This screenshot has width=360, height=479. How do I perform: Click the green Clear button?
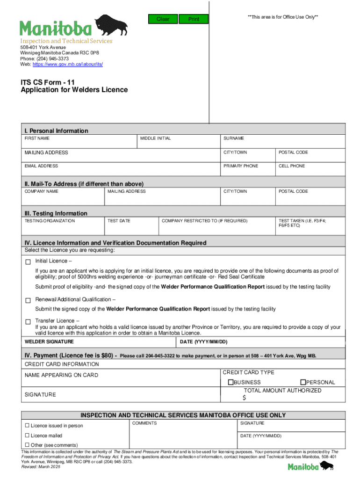point(163,19)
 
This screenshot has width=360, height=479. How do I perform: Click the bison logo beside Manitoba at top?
point(110,26)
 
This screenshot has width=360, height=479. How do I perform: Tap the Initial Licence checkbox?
point(28,261)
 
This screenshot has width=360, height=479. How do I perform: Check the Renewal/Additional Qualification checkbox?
point(28,300)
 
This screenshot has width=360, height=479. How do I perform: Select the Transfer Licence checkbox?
point(28,321)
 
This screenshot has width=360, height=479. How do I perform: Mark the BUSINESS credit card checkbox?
point(230,383)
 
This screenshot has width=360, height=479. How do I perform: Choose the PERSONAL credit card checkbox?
point(302,383)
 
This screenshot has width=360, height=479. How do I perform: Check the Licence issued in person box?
point(27,426)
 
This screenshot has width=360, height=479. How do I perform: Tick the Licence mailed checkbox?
point(27,435)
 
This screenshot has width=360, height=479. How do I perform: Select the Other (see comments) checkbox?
point(27,445)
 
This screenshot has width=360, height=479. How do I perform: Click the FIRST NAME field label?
point(37,138)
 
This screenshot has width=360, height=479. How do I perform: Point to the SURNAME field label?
point(234,138)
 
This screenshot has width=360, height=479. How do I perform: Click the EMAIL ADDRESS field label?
point(41,166)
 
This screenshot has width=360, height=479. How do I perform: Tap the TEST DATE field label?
point(119,221)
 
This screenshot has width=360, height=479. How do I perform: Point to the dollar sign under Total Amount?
point(244,398)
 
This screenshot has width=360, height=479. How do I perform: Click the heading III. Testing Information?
point(56,213)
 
